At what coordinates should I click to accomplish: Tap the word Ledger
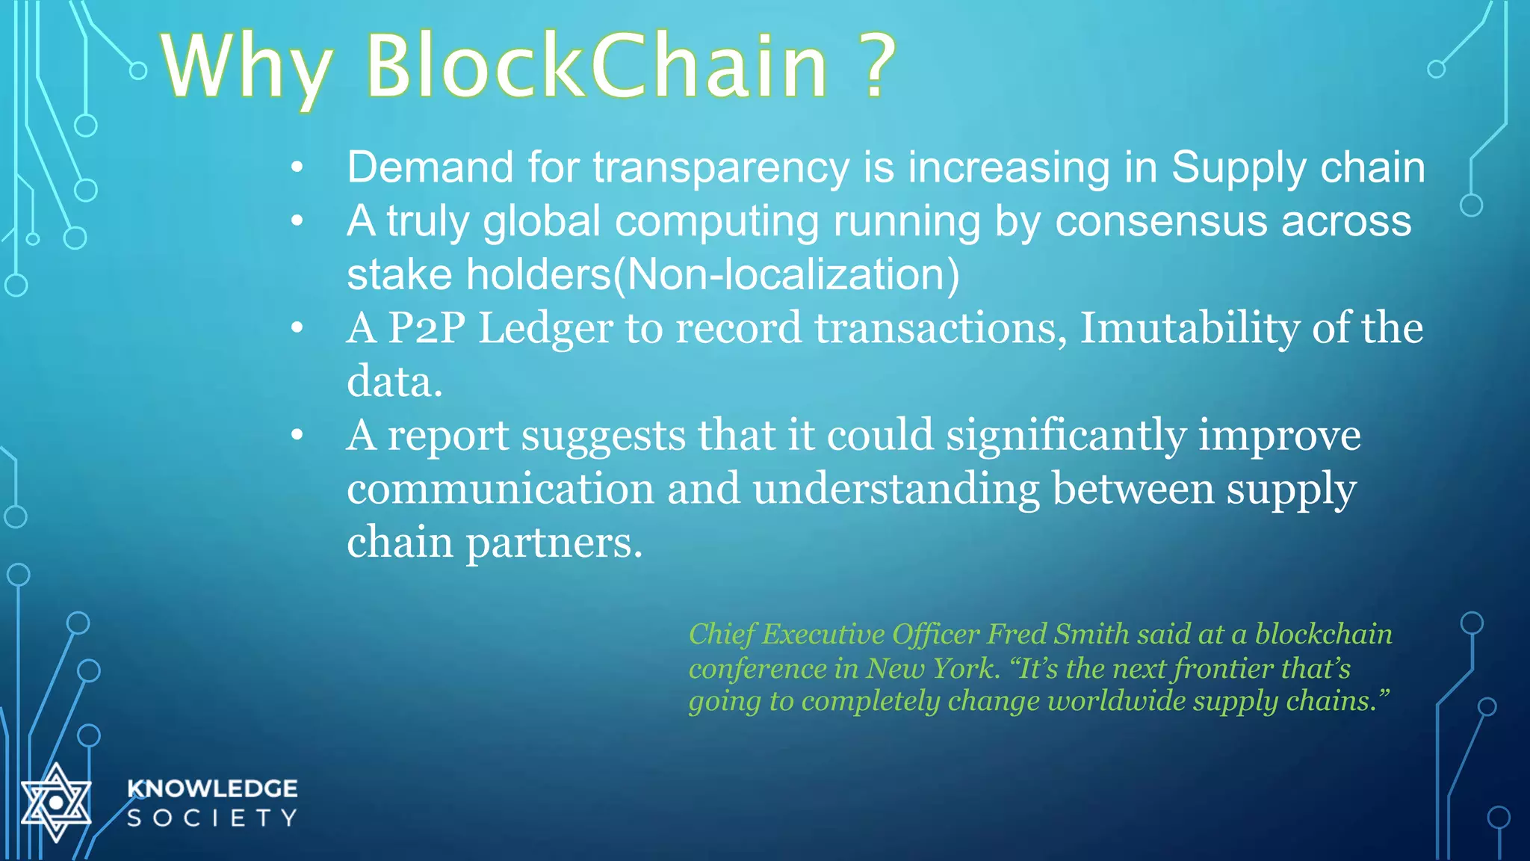[x=545, y=329]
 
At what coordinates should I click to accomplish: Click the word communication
[x=501, y=489]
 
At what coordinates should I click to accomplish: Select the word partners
[x=554, y=543]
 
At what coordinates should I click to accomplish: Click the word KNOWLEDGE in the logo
[x=212, y=789]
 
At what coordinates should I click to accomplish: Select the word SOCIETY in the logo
[x=212, y=818]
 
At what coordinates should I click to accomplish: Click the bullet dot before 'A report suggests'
[x=297, y=434]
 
